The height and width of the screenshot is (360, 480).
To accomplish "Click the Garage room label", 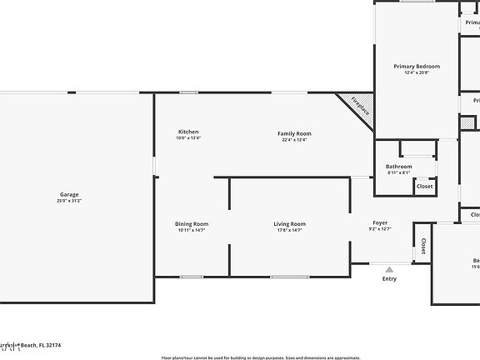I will click(68, 194).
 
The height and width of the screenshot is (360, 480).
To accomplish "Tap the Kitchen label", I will click(188, 132).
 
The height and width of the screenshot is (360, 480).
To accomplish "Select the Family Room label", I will click(294, 133).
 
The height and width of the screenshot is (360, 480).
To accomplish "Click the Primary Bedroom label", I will click(417, 66).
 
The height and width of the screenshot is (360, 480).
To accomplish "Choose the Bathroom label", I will click(398, 167).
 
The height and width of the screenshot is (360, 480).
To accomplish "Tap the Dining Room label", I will click(192, 223).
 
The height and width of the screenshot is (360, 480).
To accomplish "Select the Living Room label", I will click(290, 223).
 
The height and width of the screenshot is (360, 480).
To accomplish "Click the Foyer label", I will click(380, 223).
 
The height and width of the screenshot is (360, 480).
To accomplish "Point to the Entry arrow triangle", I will click(389, 269).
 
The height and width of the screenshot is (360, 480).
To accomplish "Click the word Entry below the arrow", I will click(389, 278).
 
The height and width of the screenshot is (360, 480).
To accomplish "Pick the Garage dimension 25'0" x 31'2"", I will click(68, 201).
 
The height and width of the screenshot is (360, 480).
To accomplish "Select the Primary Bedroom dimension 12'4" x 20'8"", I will click(417, 72).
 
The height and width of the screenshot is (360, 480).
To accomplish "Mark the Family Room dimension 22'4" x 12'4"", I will click(294, 140).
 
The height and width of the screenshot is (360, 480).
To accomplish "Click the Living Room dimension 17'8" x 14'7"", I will click(290, 230).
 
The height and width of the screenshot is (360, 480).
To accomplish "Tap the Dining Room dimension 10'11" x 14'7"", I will click(192, 230).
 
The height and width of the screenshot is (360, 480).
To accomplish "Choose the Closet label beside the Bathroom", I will click(425, 187).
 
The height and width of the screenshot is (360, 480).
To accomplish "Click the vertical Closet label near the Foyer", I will click(423, 246).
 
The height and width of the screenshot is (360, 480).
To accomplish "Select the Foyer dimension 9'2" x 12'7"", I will click(380, 230).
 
